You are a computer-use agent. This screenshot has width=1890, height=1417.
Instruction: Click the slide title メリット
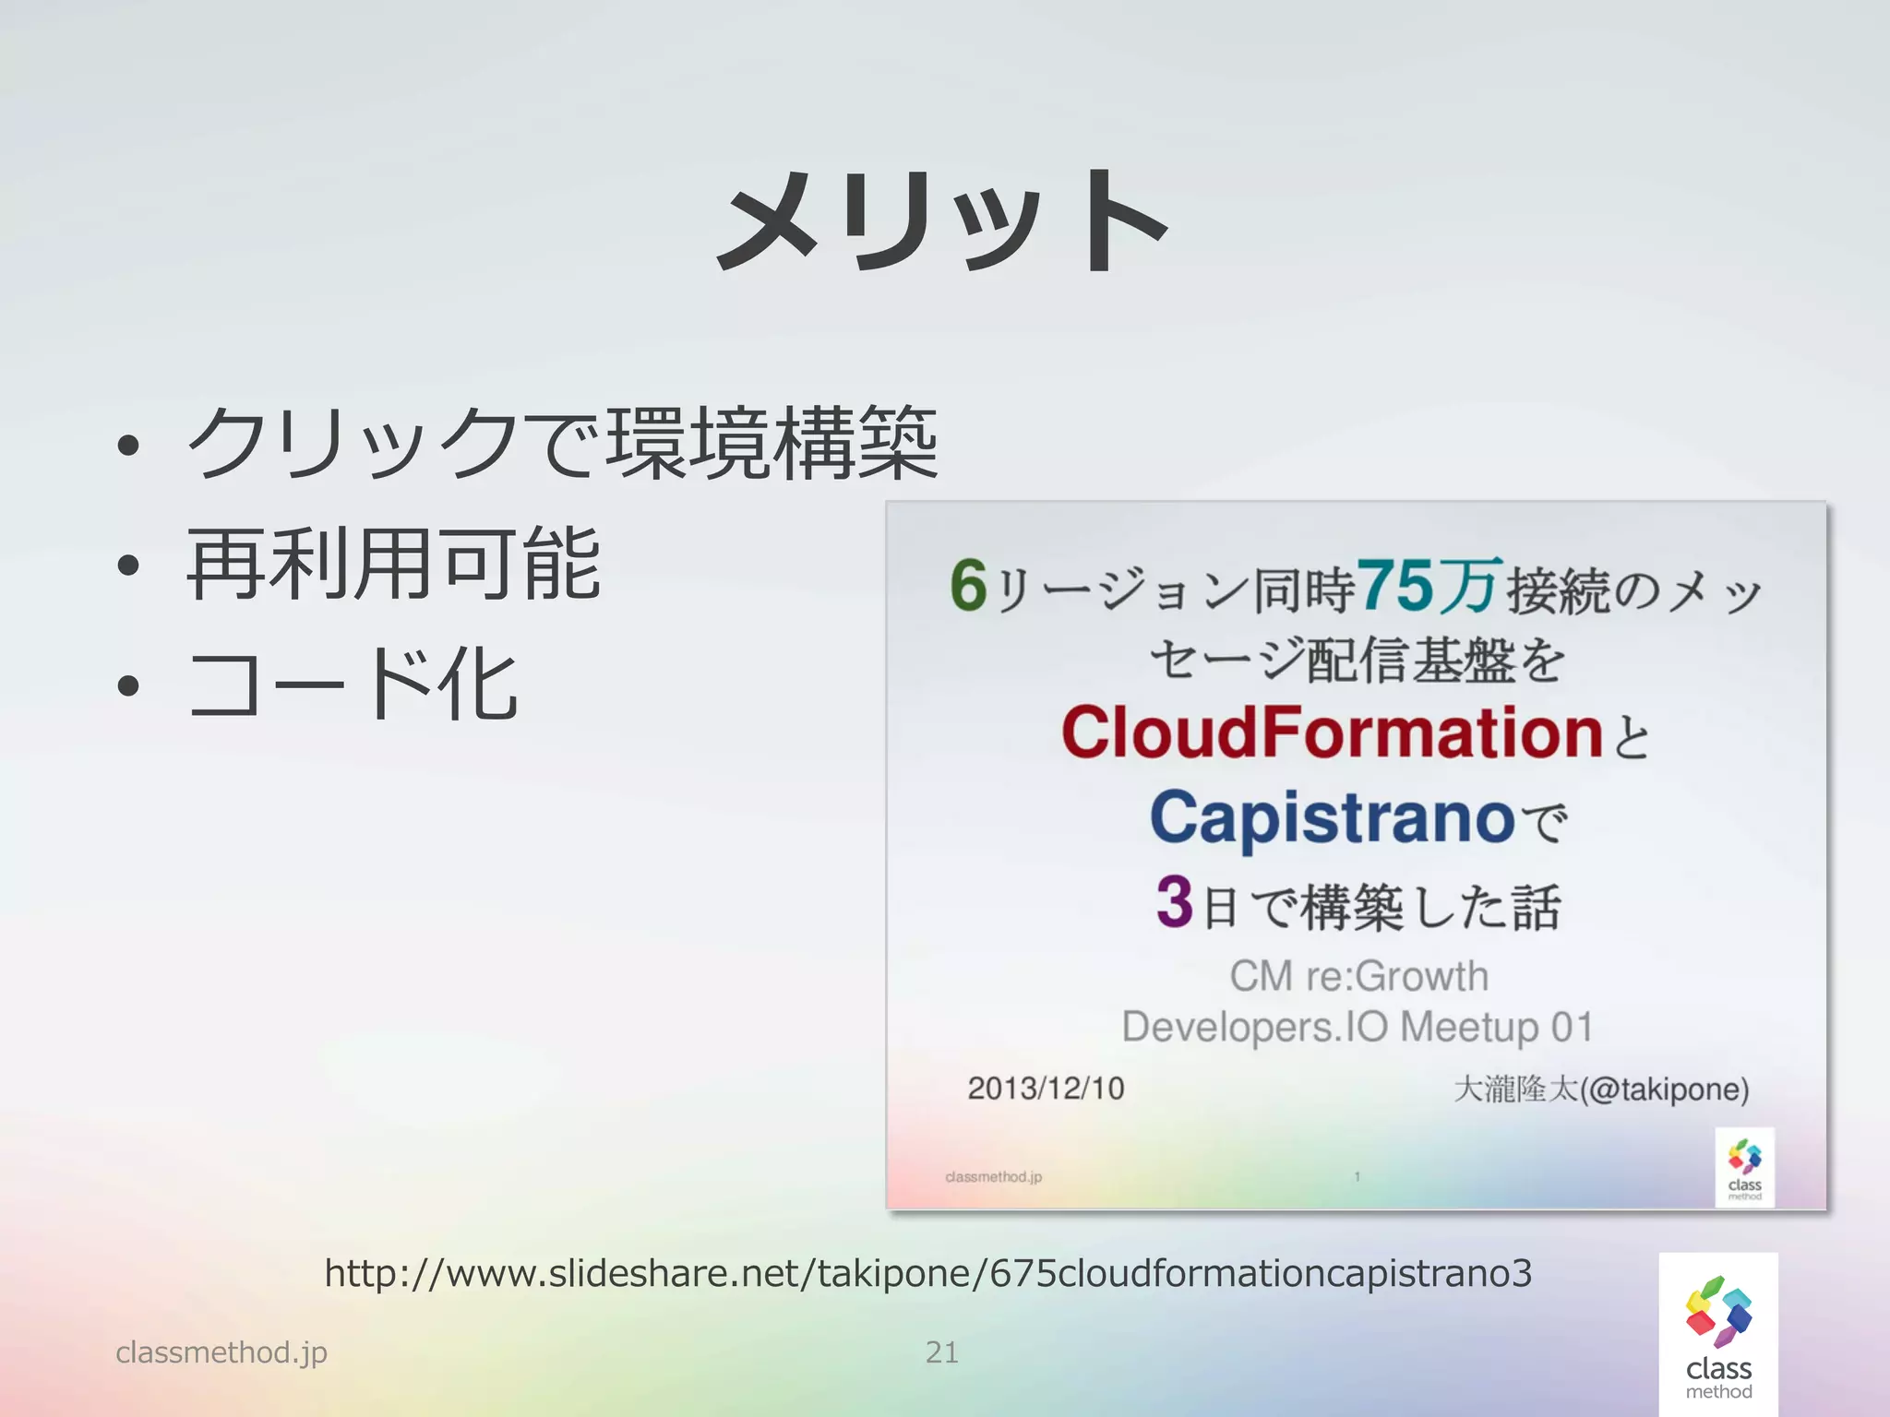(x=943, y=221)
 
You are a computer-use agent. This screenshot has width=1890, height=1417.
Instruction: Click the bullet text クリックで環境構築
(x=563, y=444)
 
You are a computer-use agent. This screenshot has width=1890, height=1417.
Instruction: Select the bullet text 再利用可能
(x=394, y=564)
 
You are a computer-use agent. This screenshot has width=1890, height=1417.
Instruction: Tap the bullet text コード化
(x=353, y=684)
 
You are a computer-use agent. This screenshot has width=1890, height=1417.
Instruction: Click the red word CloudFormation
(x=1332, y=732)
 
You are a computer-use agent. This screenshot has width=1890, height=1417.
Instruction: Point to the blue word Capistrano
(x=1332, y=818)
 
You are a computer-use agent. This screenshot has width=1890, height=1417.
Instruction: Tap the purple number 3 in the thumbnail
(x=1175, y=901)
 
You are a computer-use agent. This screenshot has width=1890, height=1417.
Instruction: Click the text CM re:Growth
(x=1358, y=976)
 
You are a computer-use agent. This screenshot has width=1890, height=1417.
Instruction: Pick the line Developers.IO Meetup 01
(x=1357, y=1027)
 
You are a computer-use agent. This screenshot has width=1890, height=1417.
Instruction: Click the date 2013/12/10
(x=1046, y=1089)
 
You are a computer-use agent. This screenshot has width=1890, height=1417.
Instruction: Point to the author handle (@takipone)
(x=1664, y=1090)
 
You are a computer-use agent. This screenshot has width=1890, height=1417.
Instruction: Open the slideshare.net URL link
(x=927, y=1273)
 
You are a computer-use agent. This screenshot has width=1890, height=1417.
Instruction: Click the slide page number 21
(x=942, y=1352)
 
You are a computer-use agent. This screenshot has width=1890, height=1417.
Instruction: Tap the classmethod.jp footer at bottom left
(x=221, y=1352)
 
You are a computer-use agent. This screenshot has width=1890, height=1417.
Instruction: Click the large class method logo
(x=1718, y=1335)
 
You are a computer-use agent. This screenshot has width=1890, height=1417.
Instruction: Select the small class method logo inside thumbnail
(x=1744, y=1167)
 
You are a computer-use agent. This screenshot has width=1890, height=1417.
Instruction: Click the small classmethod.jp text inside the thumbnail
(x=993, y=1177)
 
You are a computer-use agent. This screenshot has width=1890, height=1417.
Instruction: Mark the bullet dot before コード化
(x=128, y=685)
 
